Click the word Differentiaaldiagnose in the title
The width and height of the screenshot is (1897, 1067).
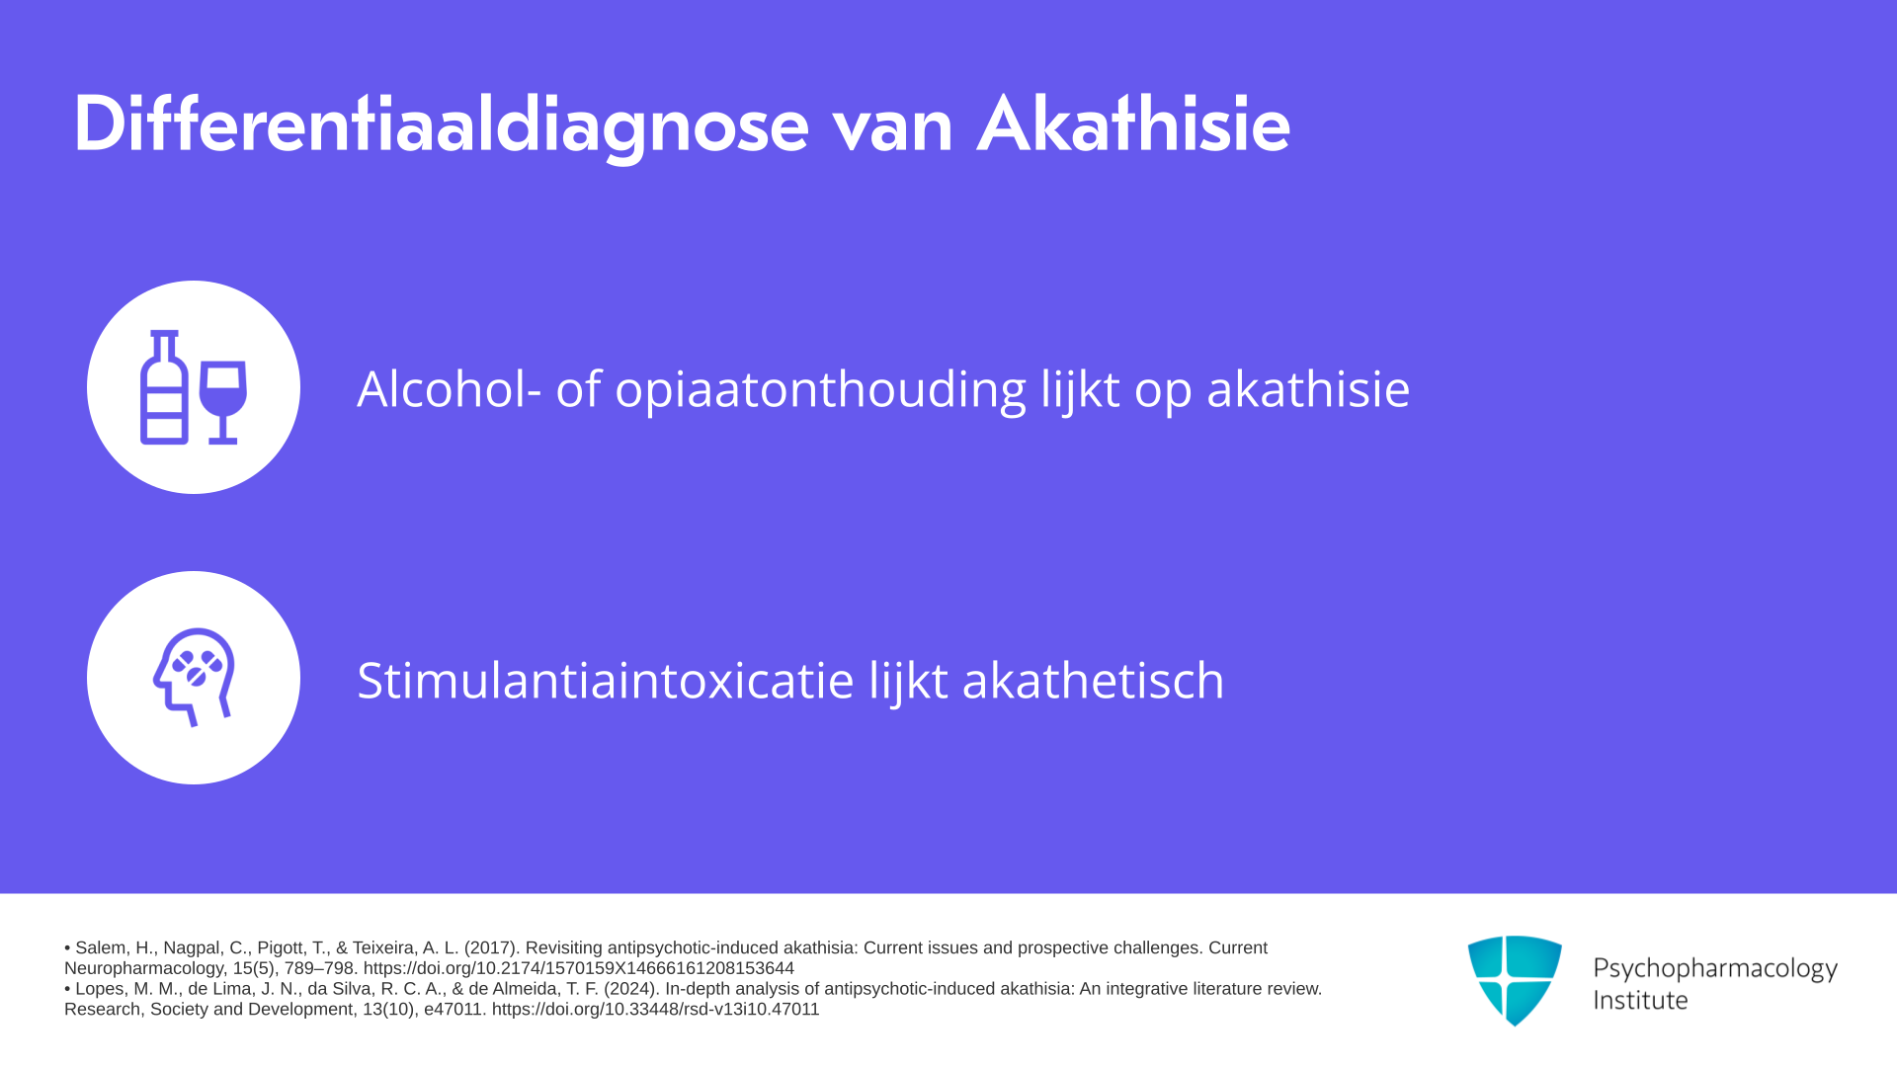click(442, 126)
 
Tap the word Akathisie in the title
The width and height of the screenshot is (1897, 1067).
click(1133, 124)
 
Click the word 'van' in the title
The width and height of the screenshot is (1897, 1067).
click(892, 133)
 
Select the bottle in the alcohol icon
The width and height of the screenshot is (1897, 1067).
click(164, 387)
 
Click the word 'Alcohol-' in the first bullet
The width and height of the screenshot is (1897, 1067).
click(449, 388)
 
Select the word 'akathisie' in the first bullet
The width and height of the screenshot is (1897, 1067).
click(1308, 388)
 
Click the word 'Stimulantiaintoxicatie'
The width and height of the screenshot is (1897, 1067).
click(606, 681)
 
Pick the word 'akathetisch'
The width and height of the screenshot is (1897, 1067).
click(1093, 681)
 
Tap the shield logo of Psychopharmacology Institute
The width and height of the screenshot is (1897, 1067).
click(1515, 980)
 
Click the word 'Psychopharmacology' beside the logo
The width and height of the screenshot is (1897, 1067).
click(1715, 969)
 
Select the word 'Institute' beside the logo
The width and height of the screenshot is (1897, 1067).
click(1640, 1000)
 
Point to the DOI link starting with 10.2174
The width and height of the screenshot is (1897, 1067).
click(579, 969)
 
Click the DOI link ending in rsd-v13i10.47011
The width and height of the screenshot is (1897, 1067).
click(656, 1010)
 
